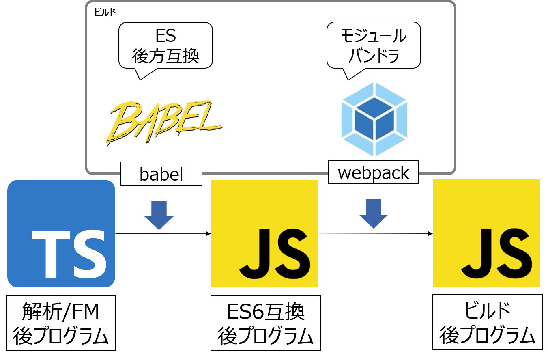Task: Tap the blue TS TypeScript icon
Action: (61, 233)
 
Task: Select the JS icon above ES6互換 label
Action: (264, 233)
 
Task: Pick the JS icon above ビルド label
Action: (486, 233)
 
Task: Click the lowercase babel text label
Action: (161, 174)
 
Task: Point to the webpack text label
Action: (373, 173)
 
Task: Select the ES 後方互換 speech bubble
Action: (165, 45)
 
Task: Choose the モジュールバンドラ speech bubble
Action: (373, 45)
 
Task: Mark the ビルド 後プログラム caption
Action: (487, 323)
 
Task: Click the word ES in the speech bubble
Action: (165, 36)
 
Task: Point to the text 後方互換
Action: (165, 56)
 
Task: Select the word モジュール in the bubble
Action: (373, 37)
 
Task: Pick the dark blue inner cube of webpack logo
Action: (374, 121)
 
